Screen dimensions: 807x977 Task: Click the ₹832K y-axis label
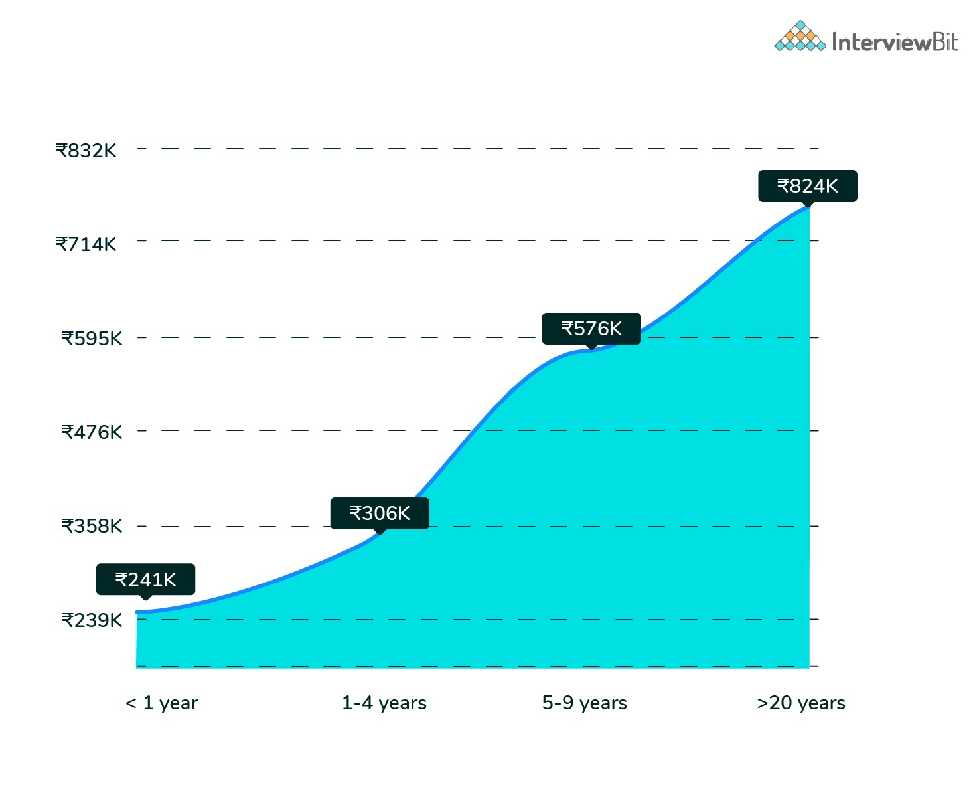click(86, 151)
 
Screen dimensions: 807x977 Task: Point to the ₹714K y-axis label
click(86, 244)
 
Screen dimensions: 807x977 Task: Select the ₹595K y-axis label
click(92, 339)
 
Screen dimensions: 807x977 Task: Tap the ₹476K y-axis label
click(92, 432)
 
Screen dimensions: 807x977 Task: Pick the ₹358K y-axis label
click(92, 526)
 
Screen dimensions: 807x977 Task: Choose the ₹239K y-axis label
click(92, 620)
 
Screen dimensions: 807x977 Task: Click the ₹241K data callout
click(145, 580)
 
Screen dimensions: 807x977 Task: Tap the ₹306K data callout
click(380, 513)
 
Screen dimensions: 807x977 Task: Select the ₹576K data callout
click(591, 329)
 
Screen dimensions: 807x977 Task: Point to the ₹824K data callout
click(808, 186)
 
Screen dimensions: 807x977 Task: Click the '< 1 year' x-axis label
click(162, 703)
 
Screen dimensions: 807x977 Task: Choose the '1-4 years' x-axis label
click(384, 703)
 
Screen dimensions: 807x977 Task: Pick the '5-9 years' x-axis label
click(585, 703)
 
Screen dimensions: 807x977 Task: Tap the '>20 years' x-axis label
click(801, 703)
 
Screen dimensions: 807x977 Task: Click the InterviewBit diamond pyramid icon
click(800, 37)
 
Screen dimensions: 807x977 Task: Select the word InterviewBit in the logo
click(895, 43)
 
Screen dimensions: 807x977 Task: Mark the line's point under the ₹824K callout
click(808, 207)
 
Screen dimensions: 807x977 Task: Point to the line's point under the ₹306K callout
click(380, 534)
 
